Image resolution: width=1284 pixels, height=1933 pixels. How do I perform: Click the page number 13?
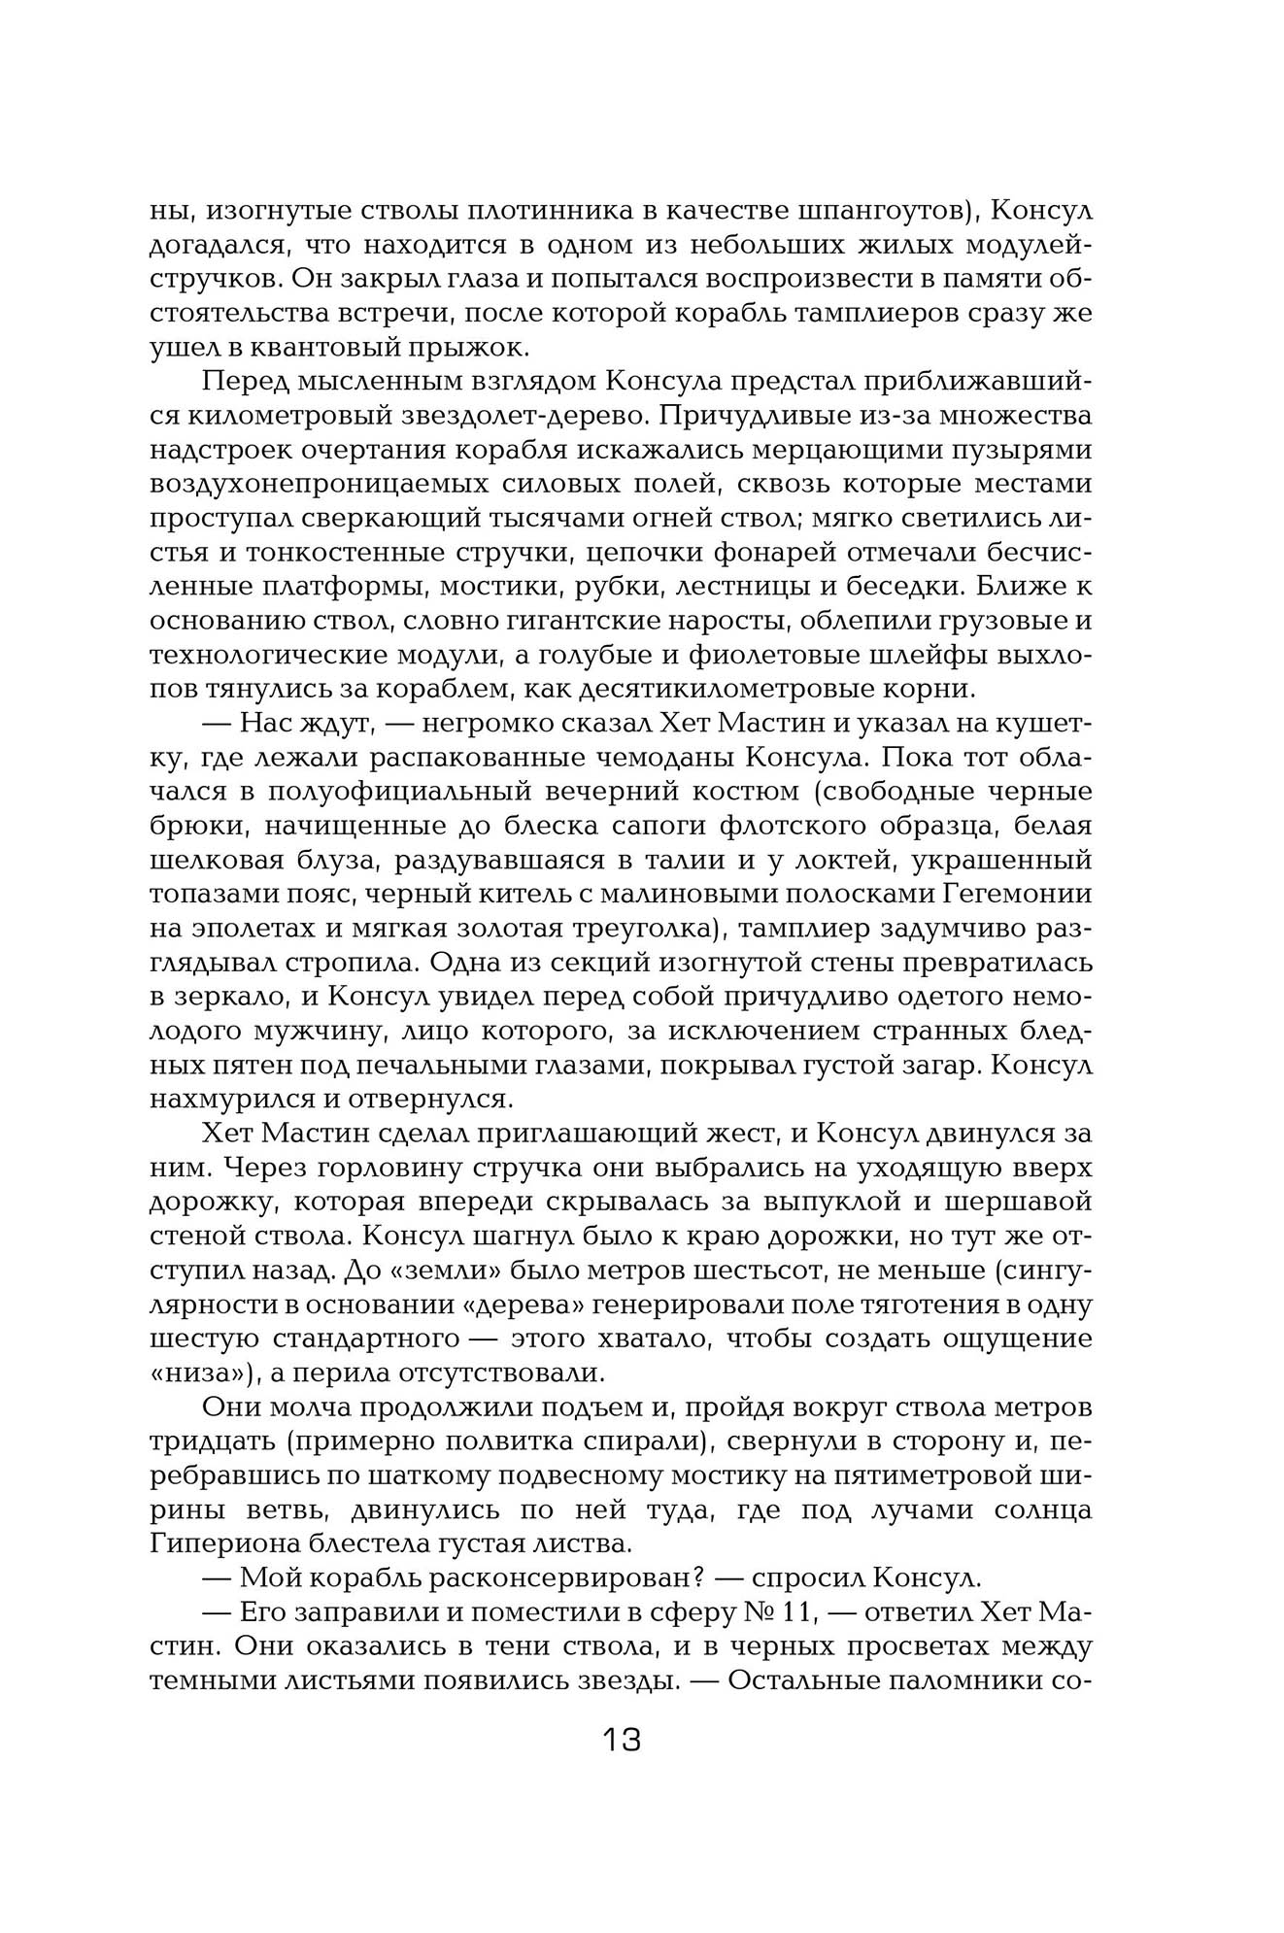coord(622,1739)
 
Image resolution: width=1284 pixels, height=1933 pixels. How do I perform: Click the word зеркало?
coord(234,998)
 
